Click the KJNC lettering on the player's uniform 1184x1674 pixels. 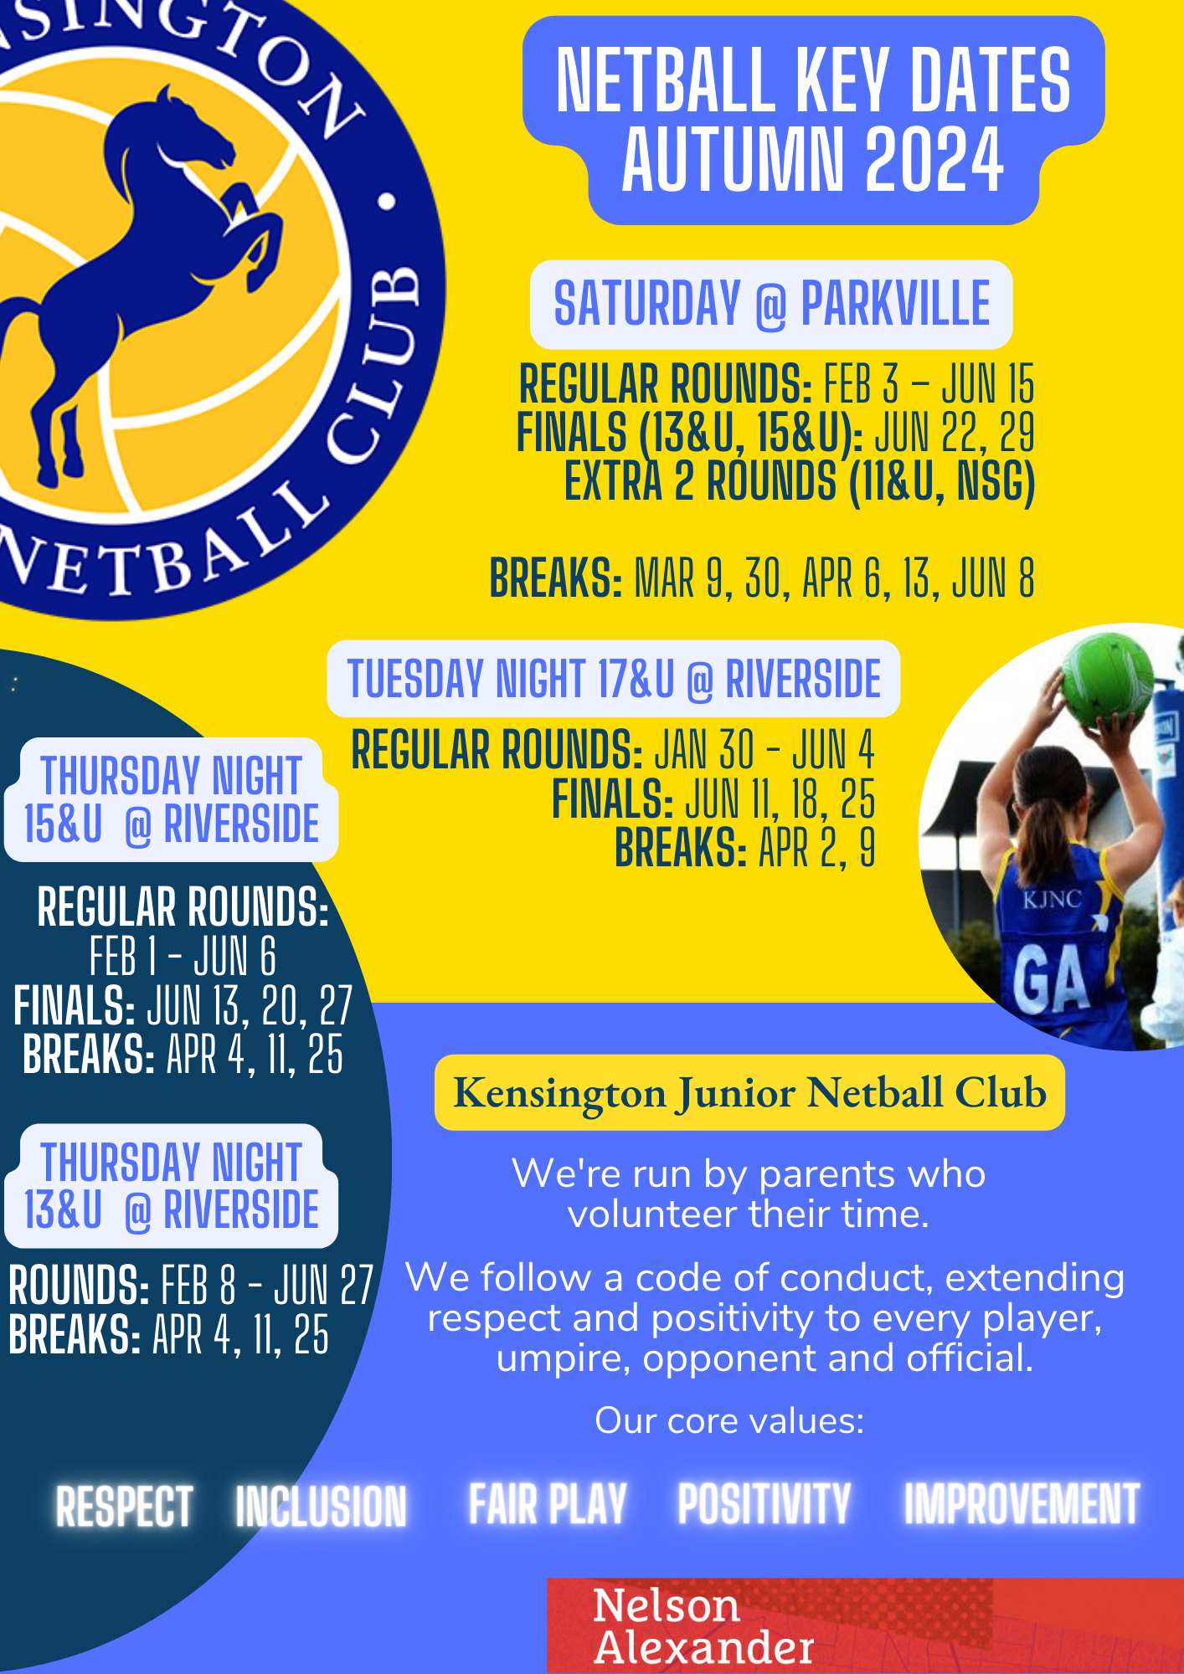[x=1053, y=900]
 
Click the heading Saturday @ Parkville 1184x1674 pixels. [x=771, y=304]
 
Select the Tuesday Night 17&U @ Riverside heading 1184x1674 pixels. [x=614, y=679]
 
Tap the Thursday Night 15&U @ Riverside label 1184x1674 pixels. [x=171, y=799]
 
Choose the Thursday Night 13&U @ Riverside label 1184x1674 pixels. [x=171, y=1186]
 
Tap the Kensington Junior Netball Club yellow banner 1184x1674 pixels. [x=749, y=1092]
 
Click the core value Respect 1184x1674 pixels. [x=125, y=1507]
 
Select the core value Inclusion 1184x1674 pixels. [x=321, y=1507]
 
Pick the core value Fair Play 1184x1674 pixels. [x=548, y=1504]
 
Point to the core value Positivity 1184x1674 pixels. [x=764, y=1504]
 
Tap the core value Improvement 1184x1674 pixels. [x=1022, y=1504]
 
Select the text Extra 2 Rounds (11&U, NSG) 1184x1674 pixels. [x=800, y=481]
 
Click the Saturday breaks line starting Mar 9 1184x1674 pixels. [x=762, y=578]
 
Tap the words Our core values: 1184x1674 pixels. [x=729, y=1420]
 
